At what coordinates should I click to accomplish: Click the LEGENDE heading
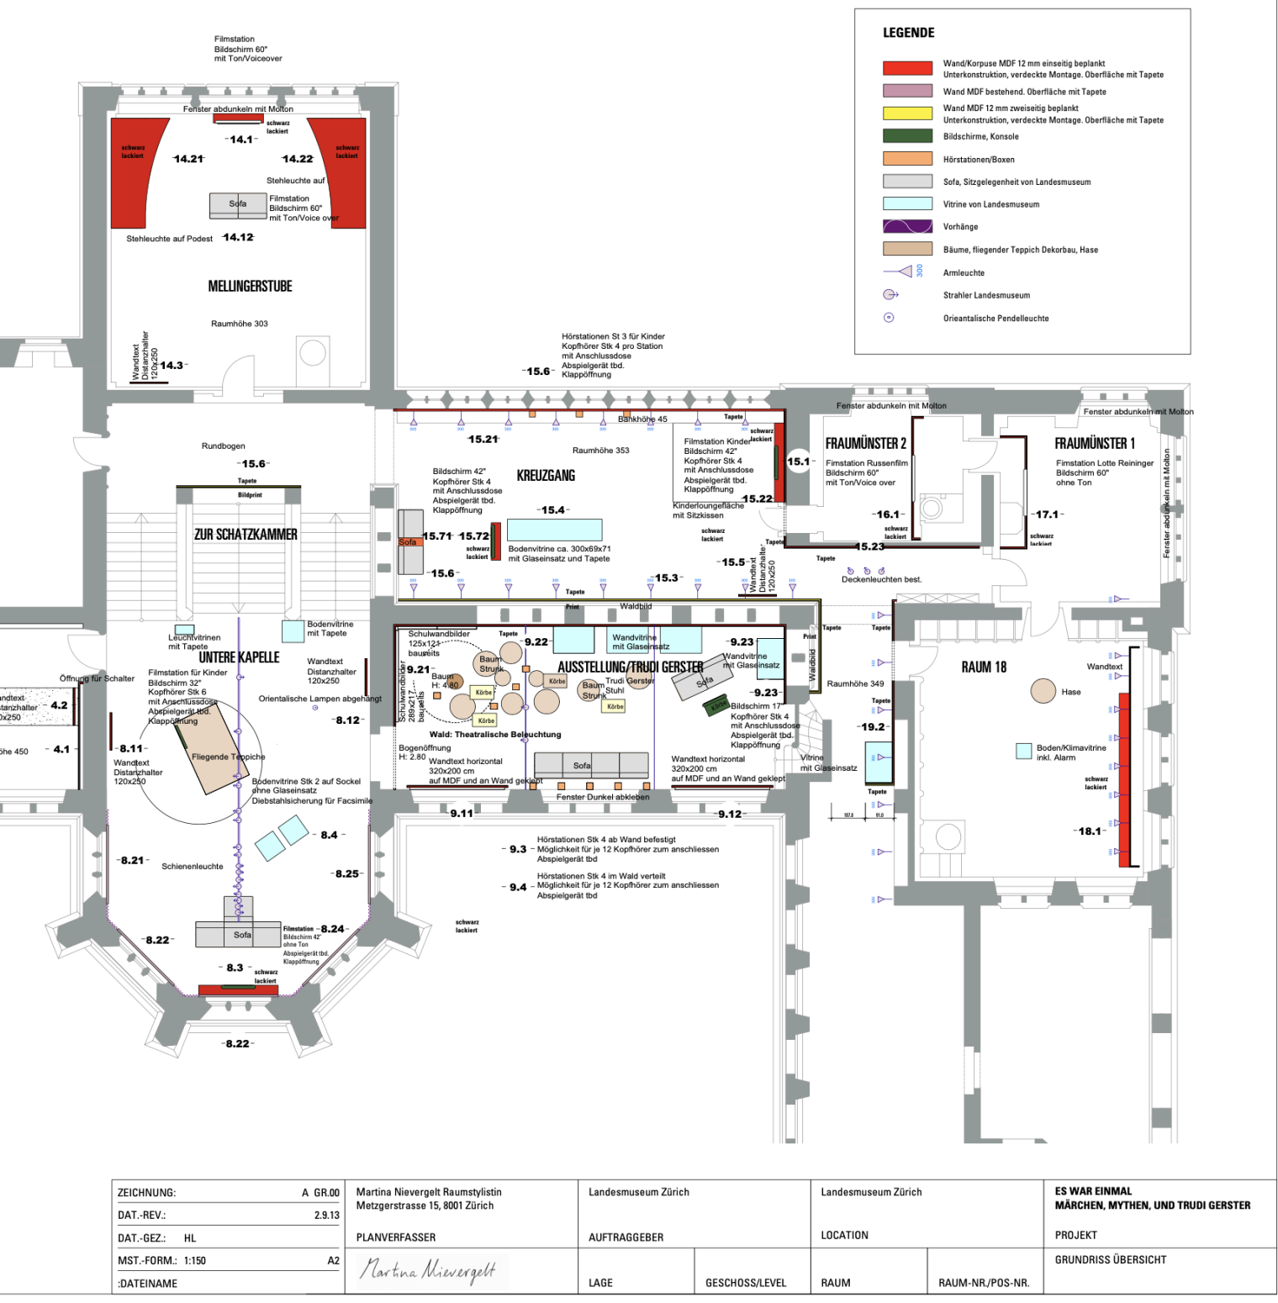tap(908, 33)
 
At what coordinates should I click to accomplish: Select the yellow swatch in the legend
tap(907, 113)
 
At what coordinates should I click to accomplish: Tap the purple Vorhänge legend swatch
tap(907, 226)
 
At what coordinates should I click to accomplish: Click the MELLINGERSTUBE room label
tap(250, 287)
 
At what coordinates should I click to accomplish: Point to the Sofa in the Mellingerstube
tap(238, 204)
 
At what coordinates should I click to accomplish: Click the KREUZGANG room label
tap(546, 476)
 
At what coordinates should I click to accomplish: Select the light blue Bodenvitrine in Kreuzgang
tap(554, 530)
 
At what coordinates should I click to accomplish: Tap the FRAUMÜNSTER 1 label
tap(1094, 444)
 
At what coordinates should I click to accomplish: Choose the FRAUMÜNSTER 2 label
tap(865, 444)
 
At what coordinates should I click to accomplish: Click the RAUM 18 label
tap(984, 667)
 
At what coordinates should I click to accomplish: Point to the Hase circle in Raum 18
tap(1043, 691)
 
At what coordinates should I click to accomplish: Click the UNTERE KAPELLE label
tap(239, 657)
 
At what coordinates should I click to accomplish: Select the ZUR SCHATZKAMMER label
tap(246, 535)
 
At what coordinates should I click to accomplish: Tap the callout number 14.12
tap(238, 237)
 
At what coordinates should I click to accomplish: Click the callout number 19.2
tap(872, 727)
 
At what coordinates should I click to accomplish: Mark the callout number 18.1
tap(1090, 831)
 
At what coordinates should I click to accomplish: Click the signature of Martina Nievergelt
tap(427, 1270)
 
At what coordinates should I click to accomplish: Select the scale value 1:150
tap(195, 1261)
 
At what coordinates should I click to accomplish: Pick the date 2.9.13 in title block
tap(326, 1216)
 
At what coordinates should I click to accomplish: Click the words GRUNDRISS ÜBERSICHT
tap(1110, 1260)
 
